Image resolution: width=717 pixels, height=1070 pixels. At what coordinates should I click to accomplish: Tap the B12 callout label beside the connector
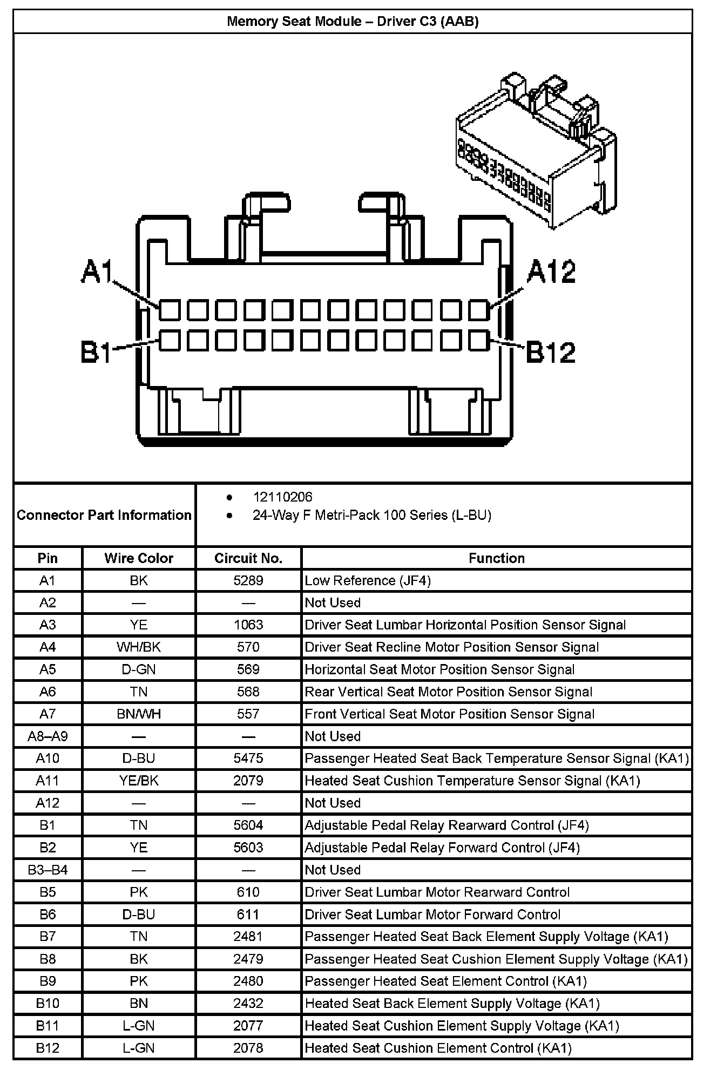point(550,352)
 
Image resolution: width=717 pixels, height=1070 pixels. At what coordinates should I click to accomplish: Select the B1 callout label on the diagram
point(96,352)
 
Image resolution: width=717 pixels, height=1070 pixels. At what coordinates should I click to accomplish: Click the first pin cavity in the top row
point(170,310)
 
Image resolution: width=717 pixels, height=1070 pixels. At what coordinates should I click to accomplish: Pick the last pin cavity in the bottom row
point(478,341)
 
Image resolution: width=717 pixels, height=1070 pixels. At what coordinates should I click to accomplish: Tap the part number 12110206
point(282,497)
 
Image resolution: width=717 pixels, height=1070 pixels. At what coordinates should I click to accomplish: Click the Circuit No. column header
point(248,558)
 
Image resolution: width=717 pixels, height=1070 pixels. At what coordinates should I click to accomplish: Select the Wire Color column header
point(139,558)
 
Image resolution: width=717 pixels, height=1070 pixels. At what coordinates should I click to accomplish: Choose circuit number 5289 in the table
point(248,580)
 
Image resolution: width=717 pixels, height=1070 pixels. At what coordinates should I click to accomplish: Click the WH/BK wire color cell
point(139,647)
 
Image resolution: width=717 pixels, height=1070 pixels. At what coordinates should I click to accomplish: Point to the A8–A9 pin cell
point(48,736)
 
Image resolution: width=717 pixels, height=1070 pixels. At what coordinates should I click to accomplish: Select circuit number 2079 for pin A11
point(248,781)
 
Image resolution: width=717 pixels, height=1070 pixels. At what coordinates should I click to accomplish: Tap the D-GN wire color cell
point(139,669)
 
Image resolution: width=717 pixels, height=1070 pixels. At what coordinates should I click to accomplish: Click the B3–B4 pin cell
point(48,870)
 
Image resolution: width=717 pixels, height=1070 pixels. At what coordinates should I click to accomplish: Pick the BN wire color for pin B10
point(139,1003)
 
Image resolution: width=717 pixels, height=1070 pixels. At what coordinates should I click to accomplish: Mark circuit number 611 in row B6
point(248,914)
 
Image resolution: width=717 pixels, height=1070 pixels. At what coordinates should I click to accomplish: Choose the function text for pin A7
point(449,714)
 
